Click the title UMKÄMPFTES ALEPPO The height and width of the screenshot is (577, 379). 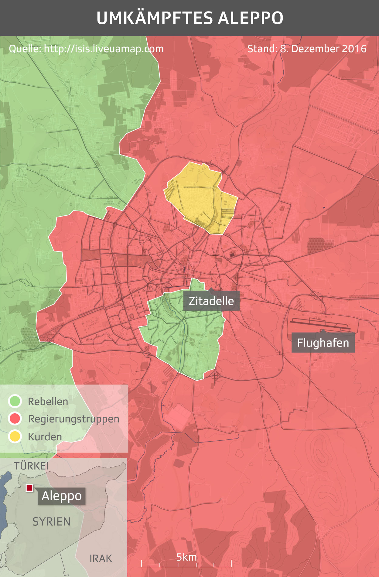point(190,18)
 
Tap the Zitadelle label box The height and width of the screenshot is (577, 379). point(211,301)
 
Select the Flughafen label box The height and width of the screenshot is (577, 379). point(323,343)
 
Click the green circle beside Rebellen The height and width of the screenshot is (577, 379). point(15,401)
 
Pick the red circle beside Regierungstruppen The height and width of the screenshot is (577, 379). point(15,419)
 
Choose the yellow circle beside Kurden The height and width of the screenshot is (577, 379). point(15,436)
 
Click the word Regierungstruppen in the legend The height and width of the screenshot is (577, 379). point(73,419)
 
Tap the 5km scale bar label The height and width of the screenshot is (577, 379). point(186,557)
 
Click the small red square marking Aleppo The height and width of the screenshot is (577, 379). point(29,488)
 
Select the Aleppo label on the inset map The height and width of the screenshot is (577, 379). point(62,496)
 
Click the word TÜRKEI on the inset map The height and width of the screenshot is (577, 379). point(31,466)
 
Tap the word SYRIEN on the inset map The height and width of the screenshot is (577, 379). point(51,522)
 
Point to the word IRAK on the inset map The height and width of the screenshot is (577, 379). point(101,558)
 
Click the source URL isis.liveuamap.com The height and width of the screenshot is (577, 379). point(104,49)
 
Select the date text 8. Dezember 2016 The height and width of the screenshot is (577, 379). point(323,49)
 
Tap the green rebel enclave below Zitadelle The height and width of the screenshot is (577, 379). point(185,337)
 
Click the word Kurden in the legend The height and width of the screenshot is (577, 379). point(45,437)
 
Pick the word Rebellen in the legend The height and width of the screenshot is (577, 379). point(48,401)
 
